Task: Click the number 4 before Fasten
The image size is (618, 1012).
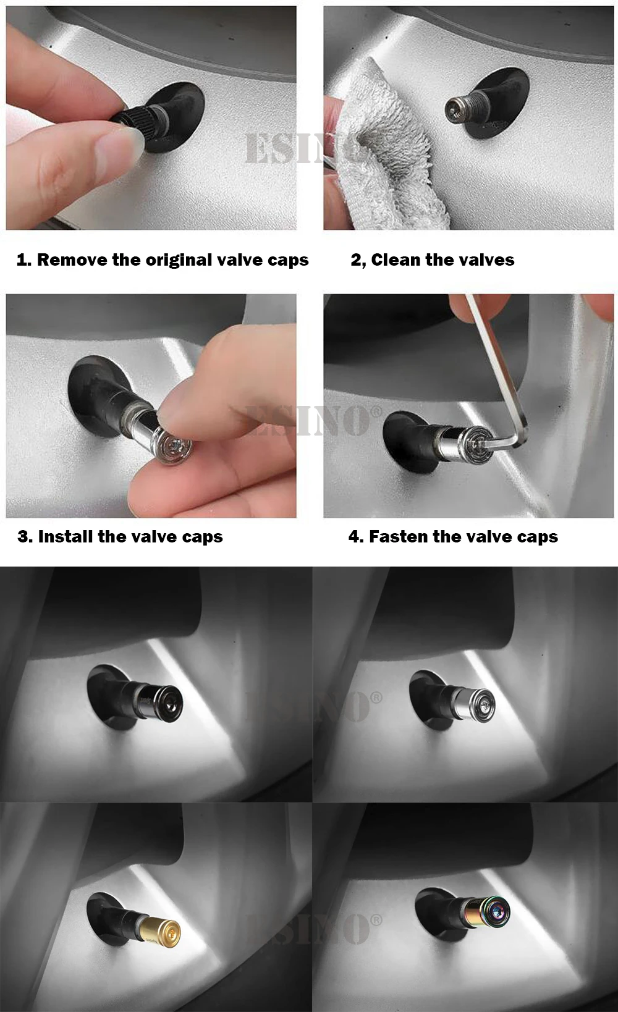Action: (355, 537)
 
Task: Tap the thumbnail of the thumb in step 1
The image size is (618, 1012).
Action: (122, 144)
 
